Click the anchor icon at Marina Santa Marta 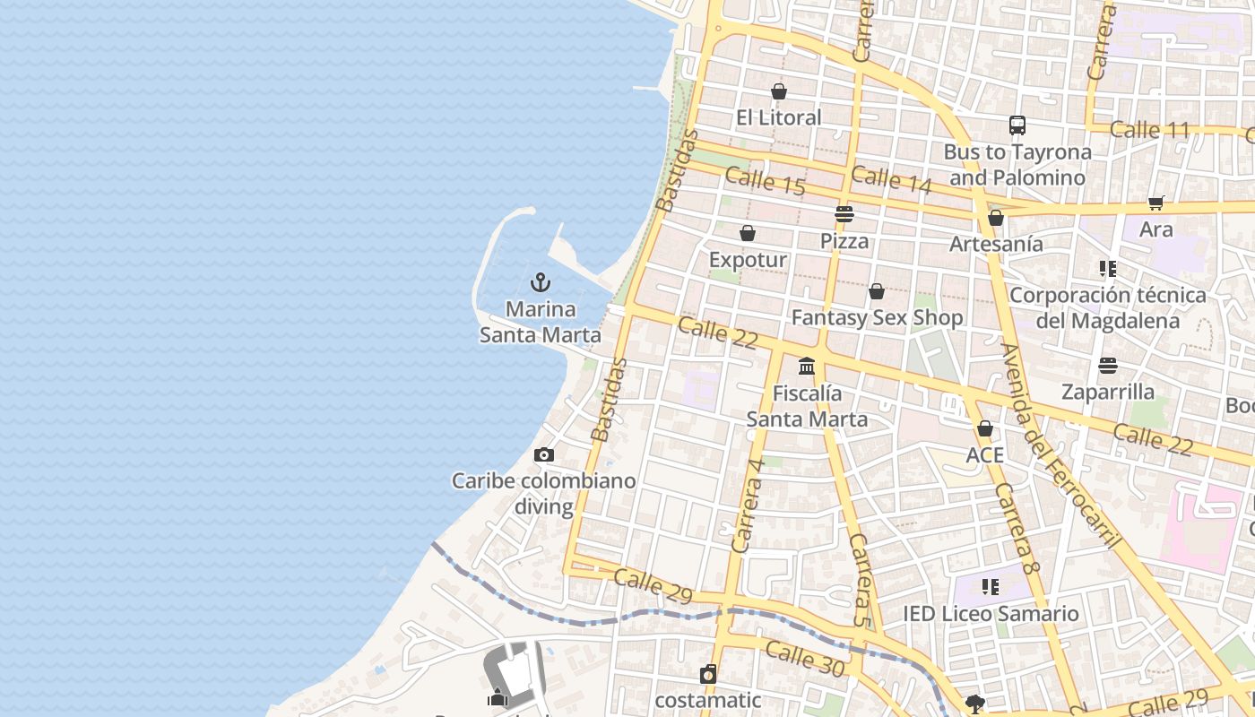540,283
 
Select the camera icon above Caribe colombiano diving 543,455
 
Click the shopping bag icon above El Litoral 778,91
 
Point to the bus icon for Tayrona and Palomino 1017,125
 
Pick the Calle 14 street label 891,179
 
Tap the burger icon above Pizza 844,214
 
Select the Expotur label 748,260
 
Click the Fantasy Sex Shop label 877,318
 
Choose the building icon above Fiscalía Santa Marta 807,366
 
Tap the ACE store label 984,455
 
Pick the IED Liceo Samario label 991,614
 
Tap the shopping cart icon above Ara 1155,203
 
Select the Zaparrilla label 1108,392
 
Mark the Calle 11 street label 1149,130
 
